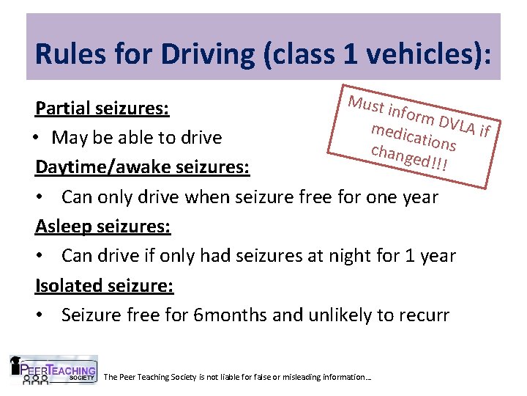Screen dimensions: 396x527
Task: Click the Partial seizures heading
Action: coord(102,109)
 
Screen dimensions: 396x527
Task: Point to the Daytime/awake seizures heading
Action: coord(143,167)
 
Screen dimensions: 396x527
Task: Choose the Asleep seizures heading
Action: coord(103,226)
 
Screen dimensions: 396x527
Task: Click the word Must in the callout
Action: coord(367,105)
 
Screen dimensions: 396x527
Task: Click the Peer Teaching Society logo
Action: coord(53,371)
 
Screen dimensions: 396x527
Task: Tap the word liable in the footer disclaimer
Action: coord(231,377)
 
